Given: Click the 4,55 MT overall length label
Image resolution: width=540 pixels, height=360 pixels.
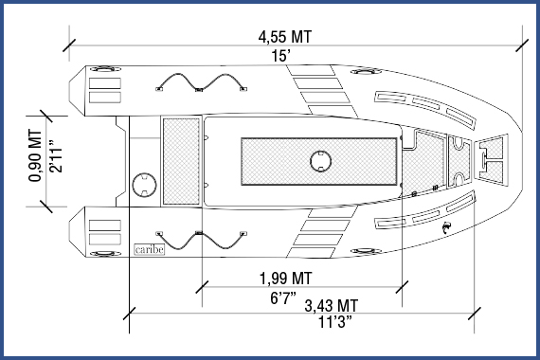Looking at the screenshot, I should point(285,37).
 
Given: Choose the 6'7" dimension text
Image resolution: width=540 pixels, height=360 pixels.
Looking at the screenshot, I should point(284,297).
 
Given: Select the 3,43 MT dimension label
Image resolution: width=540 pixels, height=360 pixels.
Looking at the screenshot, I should point(331,306).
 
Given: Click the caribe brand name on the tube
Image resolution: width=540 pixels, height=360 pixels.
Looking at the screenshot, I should point(148,250).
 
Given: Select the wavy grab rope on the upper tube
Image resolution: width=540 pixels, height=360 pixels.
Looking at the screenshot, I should point(198,83).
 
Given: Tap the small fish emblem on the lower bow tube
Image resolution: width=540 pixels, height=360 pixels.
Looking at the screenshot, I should point(445,228).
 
